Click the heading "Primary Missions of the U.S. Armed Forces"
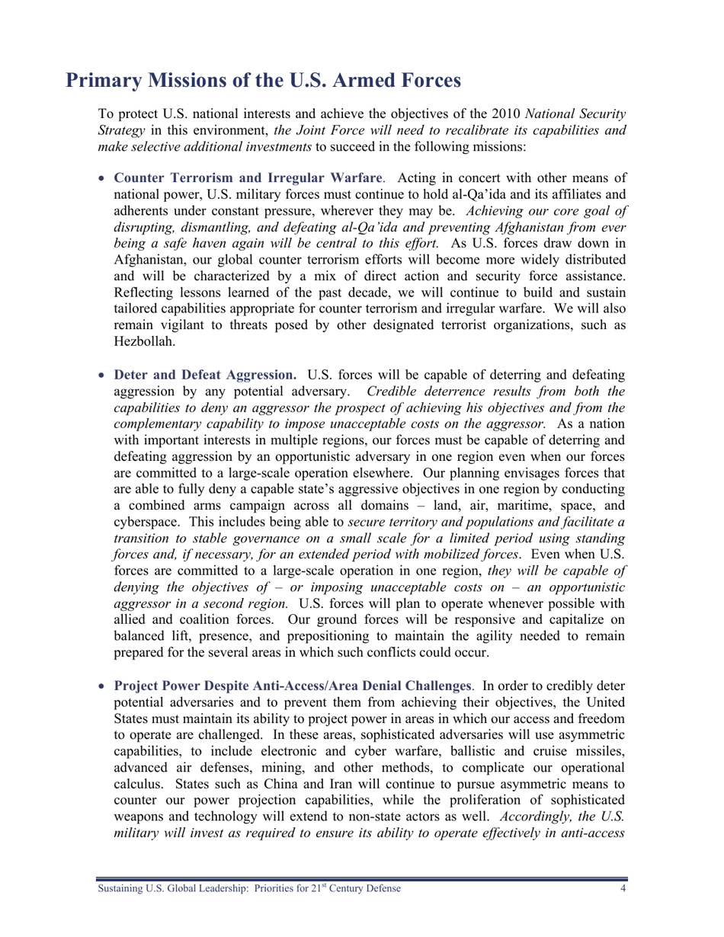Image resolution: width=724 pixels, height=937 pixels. click(263, 80)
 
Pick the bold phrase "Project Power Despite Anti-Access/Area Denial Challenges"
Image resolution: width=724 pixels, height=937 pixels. click(291, 686)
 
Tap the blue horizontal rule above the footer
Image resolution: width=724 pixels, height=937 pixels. click(362, 879)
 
